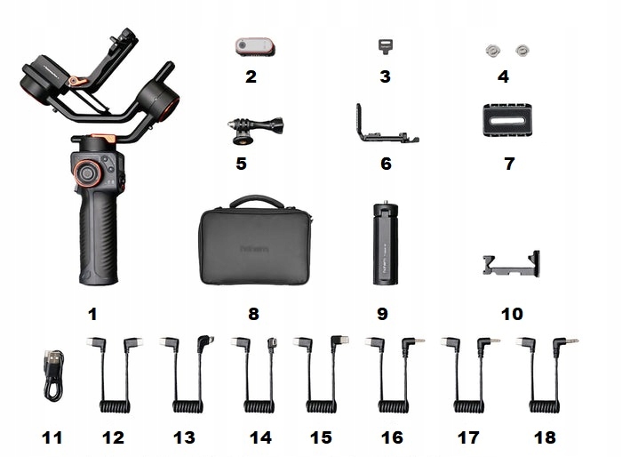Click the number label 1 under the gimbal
click(92, 313)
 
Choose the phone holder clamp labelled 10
click(509, 266)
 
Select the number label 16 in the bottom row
click(393, 437)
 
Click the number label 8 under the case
click(253, 314)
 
